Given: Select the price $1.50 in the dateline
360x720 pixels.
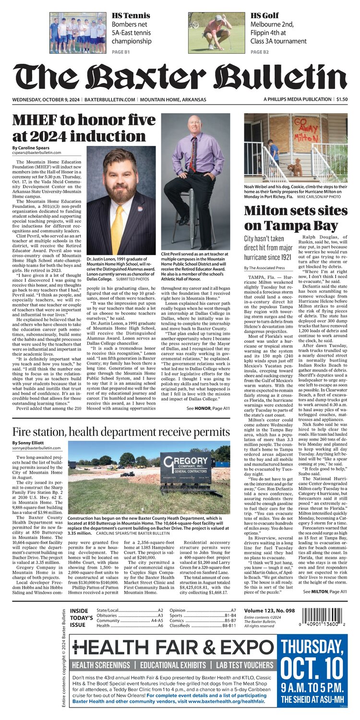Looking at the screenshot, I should [342, 99].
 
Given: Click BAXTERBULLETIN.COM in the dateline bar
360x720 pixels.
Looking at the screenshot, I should [110, 99].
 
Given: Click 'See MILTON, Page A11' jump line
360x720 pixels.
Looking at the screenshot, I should [325, 592].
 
